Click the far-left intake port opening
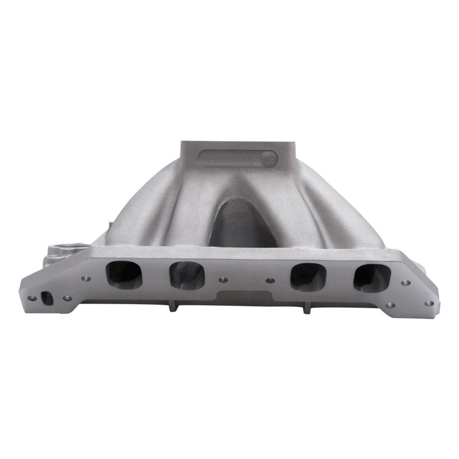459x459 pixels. (124, 274)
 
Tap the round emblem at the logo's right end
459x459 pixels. (269, 160)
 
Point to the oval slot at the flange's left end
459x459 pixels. (48, 298)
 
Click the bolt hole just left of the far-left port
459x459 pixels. (85, 279)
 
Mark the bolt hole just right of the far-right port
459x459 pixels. (406, 283)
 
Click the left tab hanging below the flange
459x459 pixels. (171, 309)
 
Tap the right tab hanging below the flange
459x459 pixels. (306, 309)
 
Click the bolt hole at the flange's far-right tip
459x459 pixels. (429, 303)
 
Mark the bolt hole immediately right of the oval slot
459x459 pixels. (67, 298)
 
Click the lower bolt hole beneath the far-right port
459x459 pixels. (390, 305)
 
